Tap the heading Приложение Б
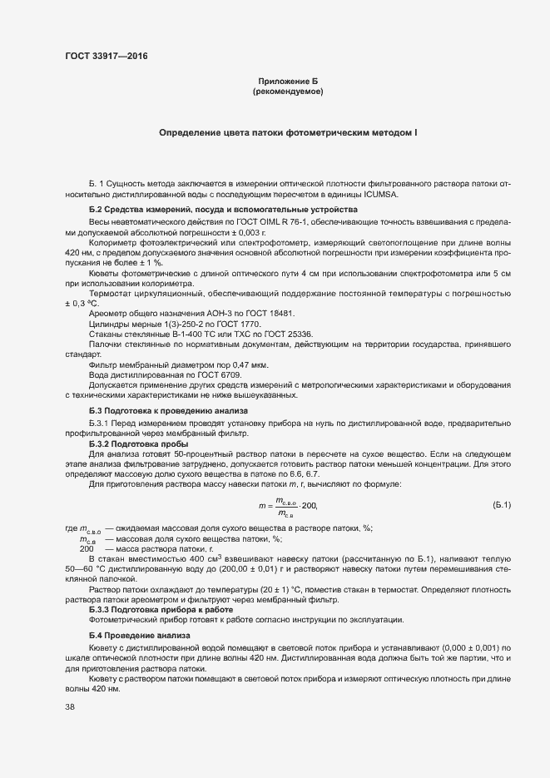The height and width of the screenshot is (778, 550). click(287, 82)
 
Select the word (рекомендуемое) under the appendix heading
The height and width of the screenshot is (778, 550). click(287, 92)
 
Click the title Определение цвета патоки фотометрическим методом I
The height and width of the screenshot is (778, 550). click(288, 133)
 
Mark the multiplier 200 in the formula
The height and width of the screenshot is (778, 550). click(309, 506)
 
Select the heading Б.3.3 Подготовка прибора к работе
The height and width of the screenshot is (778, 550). click(161, 609)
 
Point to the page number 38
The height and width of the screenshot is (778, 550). click(70, 707)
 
